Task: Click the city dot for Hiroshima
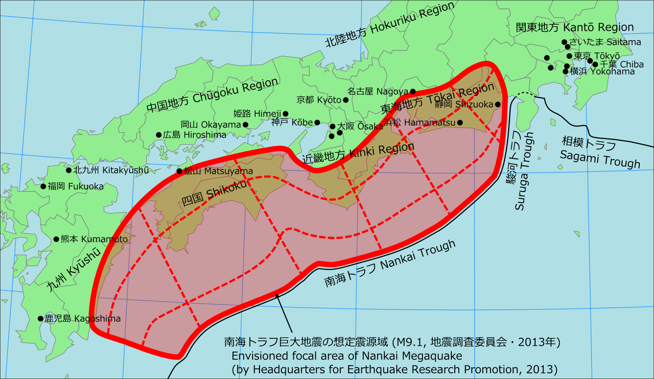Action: coord(159,135)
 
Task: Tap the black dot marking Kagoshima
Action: coord(41,318)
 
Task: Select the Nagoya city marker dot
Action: coord(413,92)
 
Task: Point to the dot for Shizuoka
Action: coord(497,104)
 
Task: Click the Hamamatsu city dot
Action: coord(460,122)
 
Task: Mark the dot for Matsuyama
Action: coord(179,171)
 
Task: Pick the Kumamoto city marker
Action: coord(56,239)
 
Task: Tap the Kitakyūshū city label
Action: coord(111,170)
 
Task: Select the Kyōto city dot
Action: coord(346,100)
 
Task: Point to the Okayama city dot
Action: coord(245,125)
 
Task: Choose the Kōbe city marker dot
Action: coord(317,122)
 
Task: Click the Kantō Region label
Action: coord(575,27)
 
